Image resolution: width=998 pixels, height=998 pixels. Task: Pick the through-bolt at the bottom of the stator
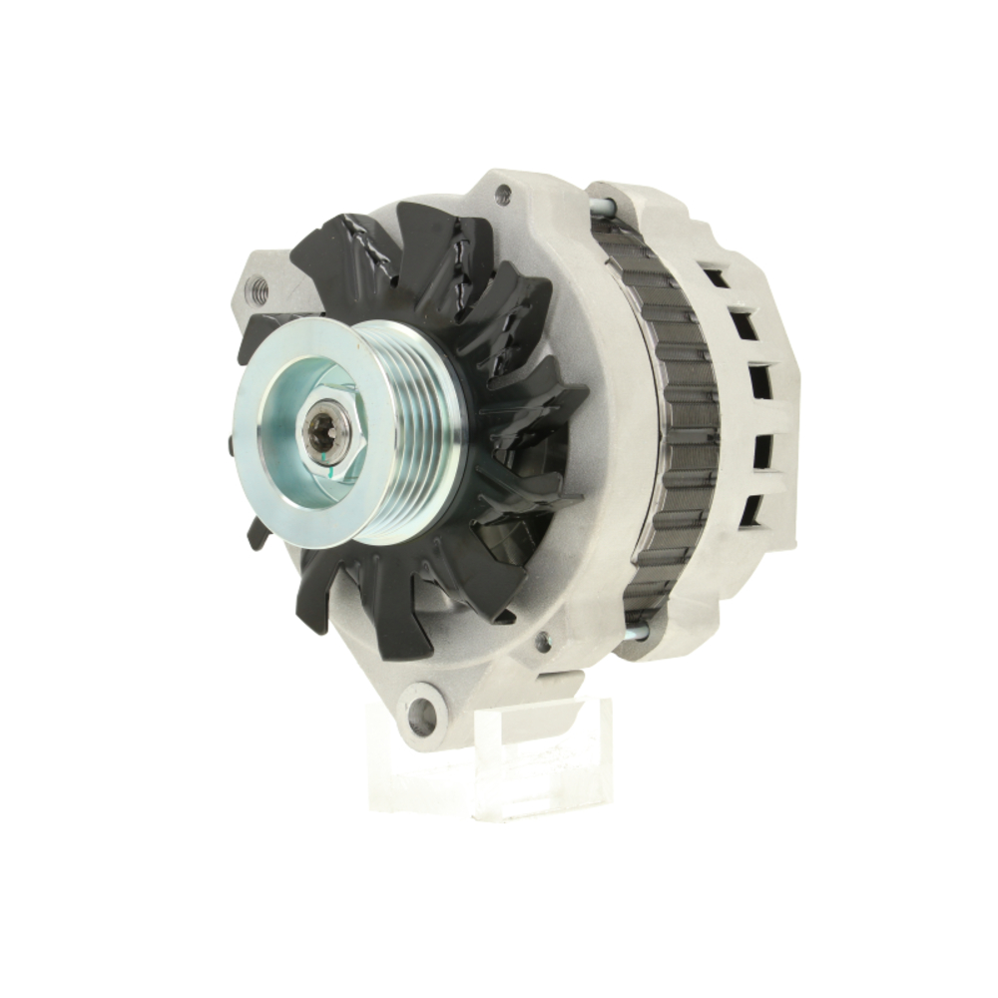pyautogui.click(x=634, y=631)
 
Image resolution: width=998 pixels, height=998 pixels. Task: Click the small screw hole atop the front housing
pyautogui.click(x=503, y=193)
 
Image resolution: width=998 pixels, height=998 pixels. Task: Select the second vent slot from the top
pyautogui.click(x=743, y=324)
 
